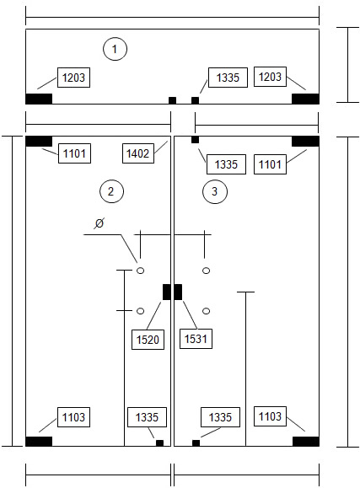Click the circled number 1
click(x=115, y=49)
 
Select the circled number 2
click(x=111, y=191)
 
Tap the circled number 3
click(x=215, y=191)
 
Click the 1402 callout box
click(x=138, y=153)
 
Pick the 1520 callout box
click(x=148, y=340)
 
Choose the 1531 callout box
click(x=196, y=339)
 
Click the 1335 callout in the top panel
click(x=228, y=78)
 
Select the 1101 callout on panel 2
click(x=74, y=153)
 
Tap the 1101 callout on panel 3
click(x=270, y=164)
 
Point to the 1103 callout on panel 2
click(x=73, y=417)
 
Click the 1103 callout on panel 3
click(x=270, y=416)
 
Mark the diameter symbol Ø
click(x=99, y=223)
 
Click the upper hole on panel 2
click(x=141, y=271)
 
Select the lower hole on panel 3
click(x=206, y=311)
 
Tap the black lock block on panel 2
click(x=167, y=292)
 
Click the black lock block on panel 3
click(x=178, y=292)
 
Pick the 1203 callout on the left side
click(x=73, y=78)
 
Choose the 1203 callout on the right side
click(x=270, y=77)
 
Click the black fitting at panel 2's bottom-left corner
click(x=39, y=442)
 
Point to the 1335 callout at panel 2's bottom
click(x=147, y=417)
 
